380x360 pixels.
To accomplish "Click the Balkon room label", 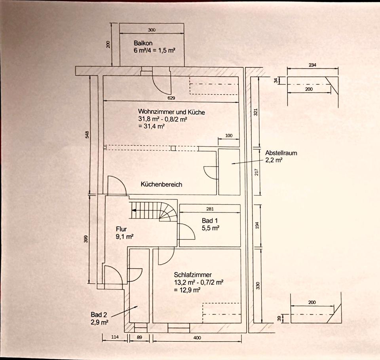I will click(143, 43).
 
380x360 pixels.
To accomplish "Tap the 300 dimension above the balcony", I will click(152, 30).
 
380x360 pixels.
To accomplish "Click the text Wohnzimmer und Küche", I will click(171, 112).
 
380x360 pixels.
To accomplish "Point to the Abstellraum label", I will click(281, 153).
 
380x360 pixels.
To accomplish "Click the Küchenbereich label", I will click(161, 184).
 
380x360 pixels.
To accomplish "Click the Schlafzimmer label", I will click(193, 275).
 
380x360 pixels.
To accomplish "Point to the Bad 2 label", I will click(99, 315).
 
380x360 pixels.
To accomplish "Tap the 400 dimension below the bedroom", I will click(197, 338).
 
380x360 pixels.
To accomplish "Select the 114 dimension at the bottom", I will click(115, 338).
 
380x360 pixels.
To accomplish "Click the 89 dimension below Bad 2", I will click(140, 338).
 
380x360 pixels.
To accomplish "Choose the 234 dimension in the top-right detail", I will click(312, 66).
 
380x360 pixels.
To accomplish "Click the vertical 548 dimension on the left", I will click(87, 135).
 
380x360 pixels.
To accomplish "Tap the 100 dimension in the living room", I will click(229, 136).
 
